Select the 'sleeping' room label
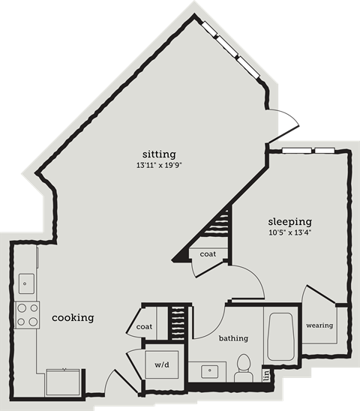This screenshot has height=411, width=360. coord(289,222)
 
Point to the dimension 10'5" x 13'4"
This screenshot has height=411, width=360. coord(289,233)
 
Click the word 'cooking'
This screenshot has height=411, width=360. coord(73,317)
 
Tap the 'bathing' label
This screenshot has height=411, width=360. coord(233,338)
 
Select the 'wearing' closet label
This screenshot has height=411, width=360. coord(319,325)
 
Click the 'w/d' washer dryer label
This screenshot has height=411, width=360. coord(161,365)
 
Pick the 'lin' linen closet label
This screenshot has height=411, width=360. coord(265,373)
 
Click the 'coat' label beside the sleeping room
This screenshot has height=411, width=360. coord(208,254)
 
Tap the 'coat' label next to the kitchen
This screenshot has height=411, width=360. coord(145,327)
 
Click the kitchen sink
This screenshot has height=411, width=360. coord(25,283)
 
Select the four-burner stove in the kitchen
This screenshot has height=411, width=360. coord(27,314)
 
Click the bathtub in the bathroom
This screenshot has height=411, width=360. coord(282,337)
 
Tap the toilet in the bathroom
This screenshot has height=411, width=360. coord(242,367)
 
